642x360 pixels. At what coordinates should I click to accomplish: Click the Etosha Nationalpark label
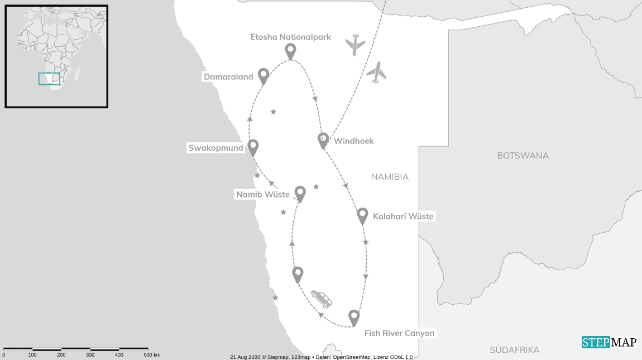291,37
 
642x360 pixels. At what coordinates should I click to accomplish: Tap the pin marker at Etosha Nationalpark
290,51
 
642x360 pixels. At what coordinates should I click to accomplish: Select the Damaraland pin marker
263,75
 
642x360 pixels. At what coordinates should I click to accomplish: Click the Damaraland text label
228,77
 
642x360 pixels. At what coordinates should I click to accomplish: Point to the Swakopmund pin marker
253,147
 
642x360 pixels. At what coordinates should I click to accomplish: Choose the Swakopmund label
216,148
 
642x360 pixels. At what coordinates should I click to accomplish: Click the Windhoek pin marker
323,140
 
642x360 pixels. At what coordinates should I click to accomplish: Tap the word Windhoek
354,141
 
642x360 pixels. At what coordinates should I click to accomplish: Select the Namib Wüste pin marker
300,193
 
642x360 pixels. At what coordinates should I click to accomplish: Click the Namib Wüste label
263,195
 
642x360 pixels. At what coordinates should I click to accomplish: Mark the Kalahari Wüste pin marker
362,215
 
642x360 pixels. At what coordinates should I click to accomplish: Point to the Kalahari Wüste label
403,217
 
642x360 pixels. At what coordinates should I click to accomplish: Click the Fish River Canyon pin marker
354,317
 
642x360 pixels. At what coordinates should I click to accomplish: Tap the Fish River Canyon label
399,333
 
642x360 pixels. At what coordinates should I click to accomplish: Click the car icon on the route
321,298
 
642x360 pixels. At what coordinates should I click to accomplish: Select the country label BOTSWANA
523,156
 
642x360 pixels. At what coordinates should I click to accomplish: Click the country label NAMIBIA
390,177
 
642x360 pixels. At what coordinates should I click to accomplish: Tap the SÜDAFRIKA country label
515,350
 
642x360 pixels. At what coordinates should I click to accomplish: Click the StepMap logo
609,343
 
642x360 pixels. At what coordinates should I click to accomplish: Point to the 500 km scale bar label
152,355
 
